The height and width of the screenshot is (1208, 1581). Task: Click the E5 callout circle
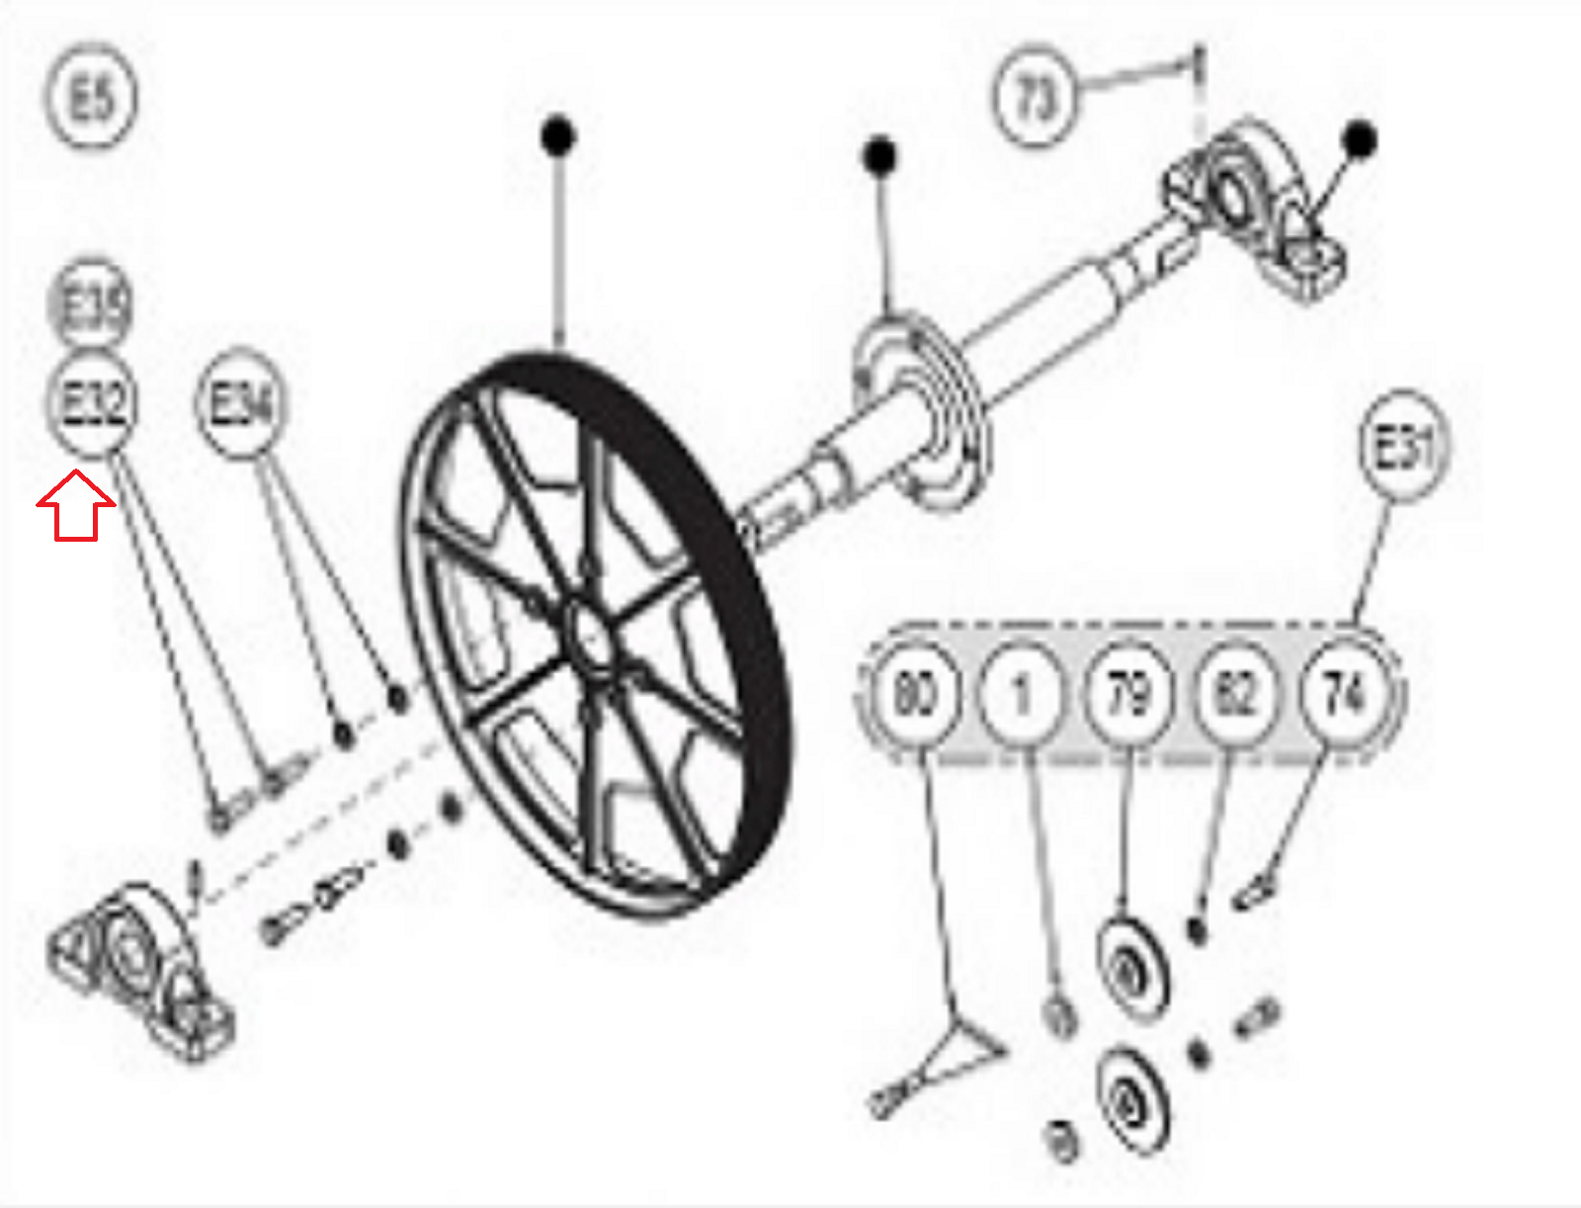click(91, 97)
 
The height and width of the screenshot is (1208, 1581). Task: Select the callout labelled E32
click(91, 403)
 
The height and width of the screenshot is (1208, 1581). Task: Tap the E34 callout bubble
click(241, 403)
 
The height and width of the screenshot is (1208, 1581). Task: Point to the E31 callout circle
click(1402, 448)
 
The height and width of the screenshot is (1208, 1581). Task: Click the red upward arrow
click(75, 505)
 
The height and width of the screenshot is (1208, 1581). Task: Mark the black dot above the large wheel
click(558, 134)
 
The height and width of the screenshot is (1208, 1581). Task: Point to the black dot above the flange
click(879, 155)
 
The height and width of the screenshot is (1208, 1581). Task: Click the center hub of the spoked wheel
click(592, 639)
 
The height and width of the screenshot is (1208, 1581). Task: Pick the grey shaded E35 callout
click(91, 304)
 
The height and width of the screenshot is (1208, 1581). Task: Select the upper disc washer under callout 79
click(1131, 969)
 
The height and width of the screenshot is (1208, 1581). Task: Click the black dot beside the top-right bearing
click(1361, 139)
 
